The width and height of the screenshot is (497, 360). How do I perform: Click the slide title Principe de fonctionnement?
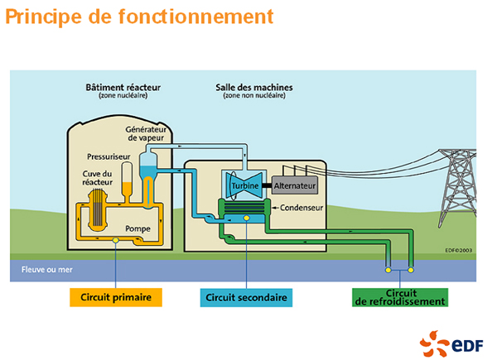(x=139, y=17)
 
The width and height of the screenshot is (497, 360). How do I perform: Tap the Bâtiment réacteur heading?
(x=123, y=87)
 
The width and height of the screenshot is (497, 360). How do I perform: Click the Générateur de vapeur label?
(x=147, y=135)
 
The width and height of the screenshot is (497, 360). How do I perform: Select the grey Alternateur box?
(x=290, y=185)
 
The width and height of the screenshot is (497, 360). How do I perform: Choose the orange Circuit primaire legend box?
(x=115, y=296)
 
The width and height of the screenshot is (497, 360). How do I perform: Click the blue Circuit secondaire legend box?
(x=247, y=296)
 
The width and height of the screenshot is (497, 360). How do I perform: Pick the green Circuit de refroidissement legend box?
(x=400, y=296)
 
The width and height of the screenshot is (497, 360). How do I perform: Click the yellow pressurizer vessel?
(x=127, y=179)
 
